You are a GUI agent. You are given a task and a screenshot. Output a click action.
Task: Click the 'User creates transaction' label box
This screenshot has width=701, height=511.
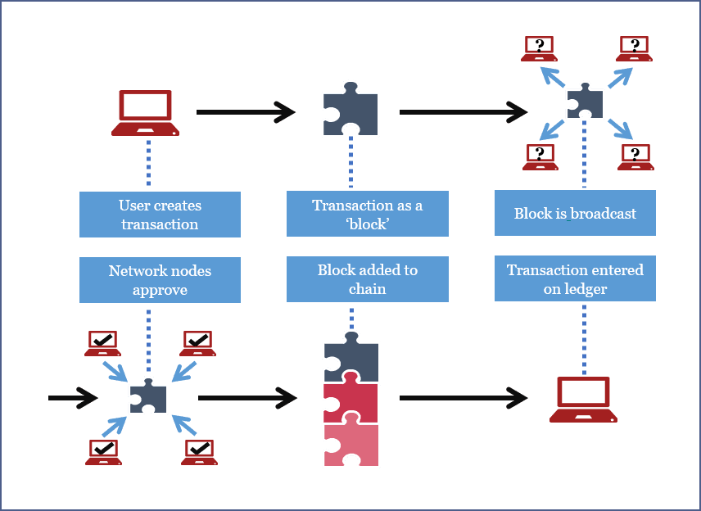coord(160,215)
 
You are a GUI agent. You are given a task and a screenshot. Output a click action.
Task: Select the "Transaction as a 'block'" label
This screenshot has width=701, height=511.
coord(367,214)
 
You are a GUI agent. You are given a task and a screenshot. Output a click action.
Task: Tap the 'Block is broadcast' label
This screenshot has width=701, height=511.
coord(575,213)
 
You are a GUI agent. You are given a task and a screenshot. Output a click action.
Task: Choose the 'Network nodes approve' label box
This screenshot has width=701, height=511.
coord(160,279)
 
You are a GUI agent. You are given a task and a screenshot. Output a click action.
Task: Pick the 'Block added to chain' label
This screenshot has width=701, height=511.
coord(367,278)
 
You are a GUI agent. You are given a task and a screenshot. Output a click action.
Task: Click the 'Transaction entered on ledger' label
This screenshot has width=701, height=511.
coord(575,278)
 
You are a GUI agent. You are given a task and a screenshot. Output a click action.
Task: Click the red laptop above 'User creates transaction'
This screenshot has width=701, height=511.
coord(146,113)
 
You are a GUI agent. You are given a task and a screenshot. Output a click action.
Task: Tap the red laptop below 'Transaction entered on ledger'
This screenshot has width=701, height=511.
coord(582,399)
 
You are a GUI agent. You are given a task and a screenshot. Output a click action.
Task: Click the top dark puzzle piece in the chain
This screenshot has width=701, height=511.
coord(350,360)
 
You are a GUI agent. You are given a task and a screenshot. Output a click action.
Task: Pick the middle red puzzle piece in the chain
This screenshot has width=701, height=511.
coord(350,402)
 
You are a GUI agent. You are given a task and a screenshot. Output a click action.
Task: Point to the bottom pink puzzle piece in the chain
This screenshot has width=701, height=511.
coord(350,445)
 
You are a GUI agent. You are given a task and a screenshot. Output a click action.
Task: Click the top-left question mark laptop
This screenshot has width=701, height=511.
coord(539,48)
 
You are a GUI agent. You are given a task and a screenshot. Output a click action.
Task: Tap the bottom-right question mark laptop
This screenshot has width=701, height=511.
coord(636,156)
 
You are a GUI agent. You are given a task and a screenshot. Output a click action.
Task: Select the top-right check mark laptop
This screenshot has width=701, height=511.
coord(197,343)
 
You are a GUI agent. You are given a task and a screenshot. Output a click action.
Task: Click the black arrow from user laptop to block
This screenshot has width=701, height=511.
coord(246,111)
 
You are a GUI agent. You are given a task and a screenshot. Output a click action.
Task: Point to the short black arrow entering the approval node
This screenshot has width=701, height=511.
coord(72,398)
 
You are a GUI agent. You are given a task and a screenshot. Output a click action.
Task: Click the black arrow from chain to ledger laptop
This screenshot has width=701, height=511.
coord(464,398)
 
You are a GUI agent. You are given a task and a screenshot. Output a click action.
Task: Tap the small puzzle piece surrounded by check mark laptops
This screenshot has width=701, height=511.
coord(148,396)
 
